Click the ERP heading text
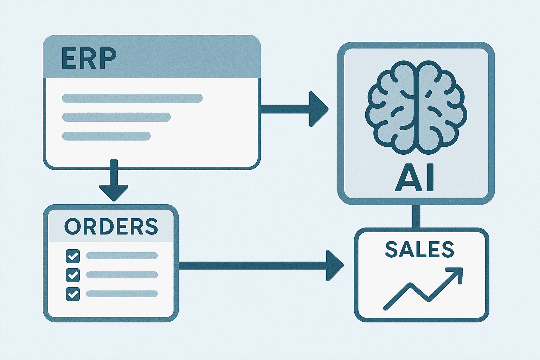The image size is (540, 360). click(89, 58)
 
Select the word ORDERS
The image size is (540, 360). click(111, 226)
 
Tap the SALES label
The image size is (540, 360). click(420, 249)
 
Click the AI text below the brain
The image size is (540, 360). click(414, 178)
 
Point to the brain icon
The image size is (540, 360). click(416, 107)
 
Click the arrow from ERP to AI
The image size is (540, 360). click(295, 109)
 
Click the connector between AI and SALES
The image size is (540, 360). click(416, 216)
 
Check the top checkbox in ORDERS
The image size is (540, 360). click(73, 256)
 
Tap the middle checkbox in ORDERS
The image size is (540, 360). click(73, 275)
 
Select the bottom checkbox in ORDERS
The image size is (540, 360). click(73, 294)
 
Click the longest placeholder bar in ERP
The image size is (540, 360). click(132, 98)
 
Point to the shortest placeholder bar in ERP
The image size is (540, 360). click(106, 136)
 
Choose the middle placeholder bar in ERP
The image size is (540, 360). click(116, 117)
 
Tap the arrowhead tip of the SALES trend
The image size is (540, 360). click(462, 268)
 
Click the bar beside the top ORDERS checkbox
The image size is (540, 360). click(122, 256)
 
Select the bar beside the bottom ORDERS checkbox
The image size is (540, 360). click(122, 294)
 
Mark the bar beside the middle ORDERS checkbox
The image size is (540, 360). click(122, 275)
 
